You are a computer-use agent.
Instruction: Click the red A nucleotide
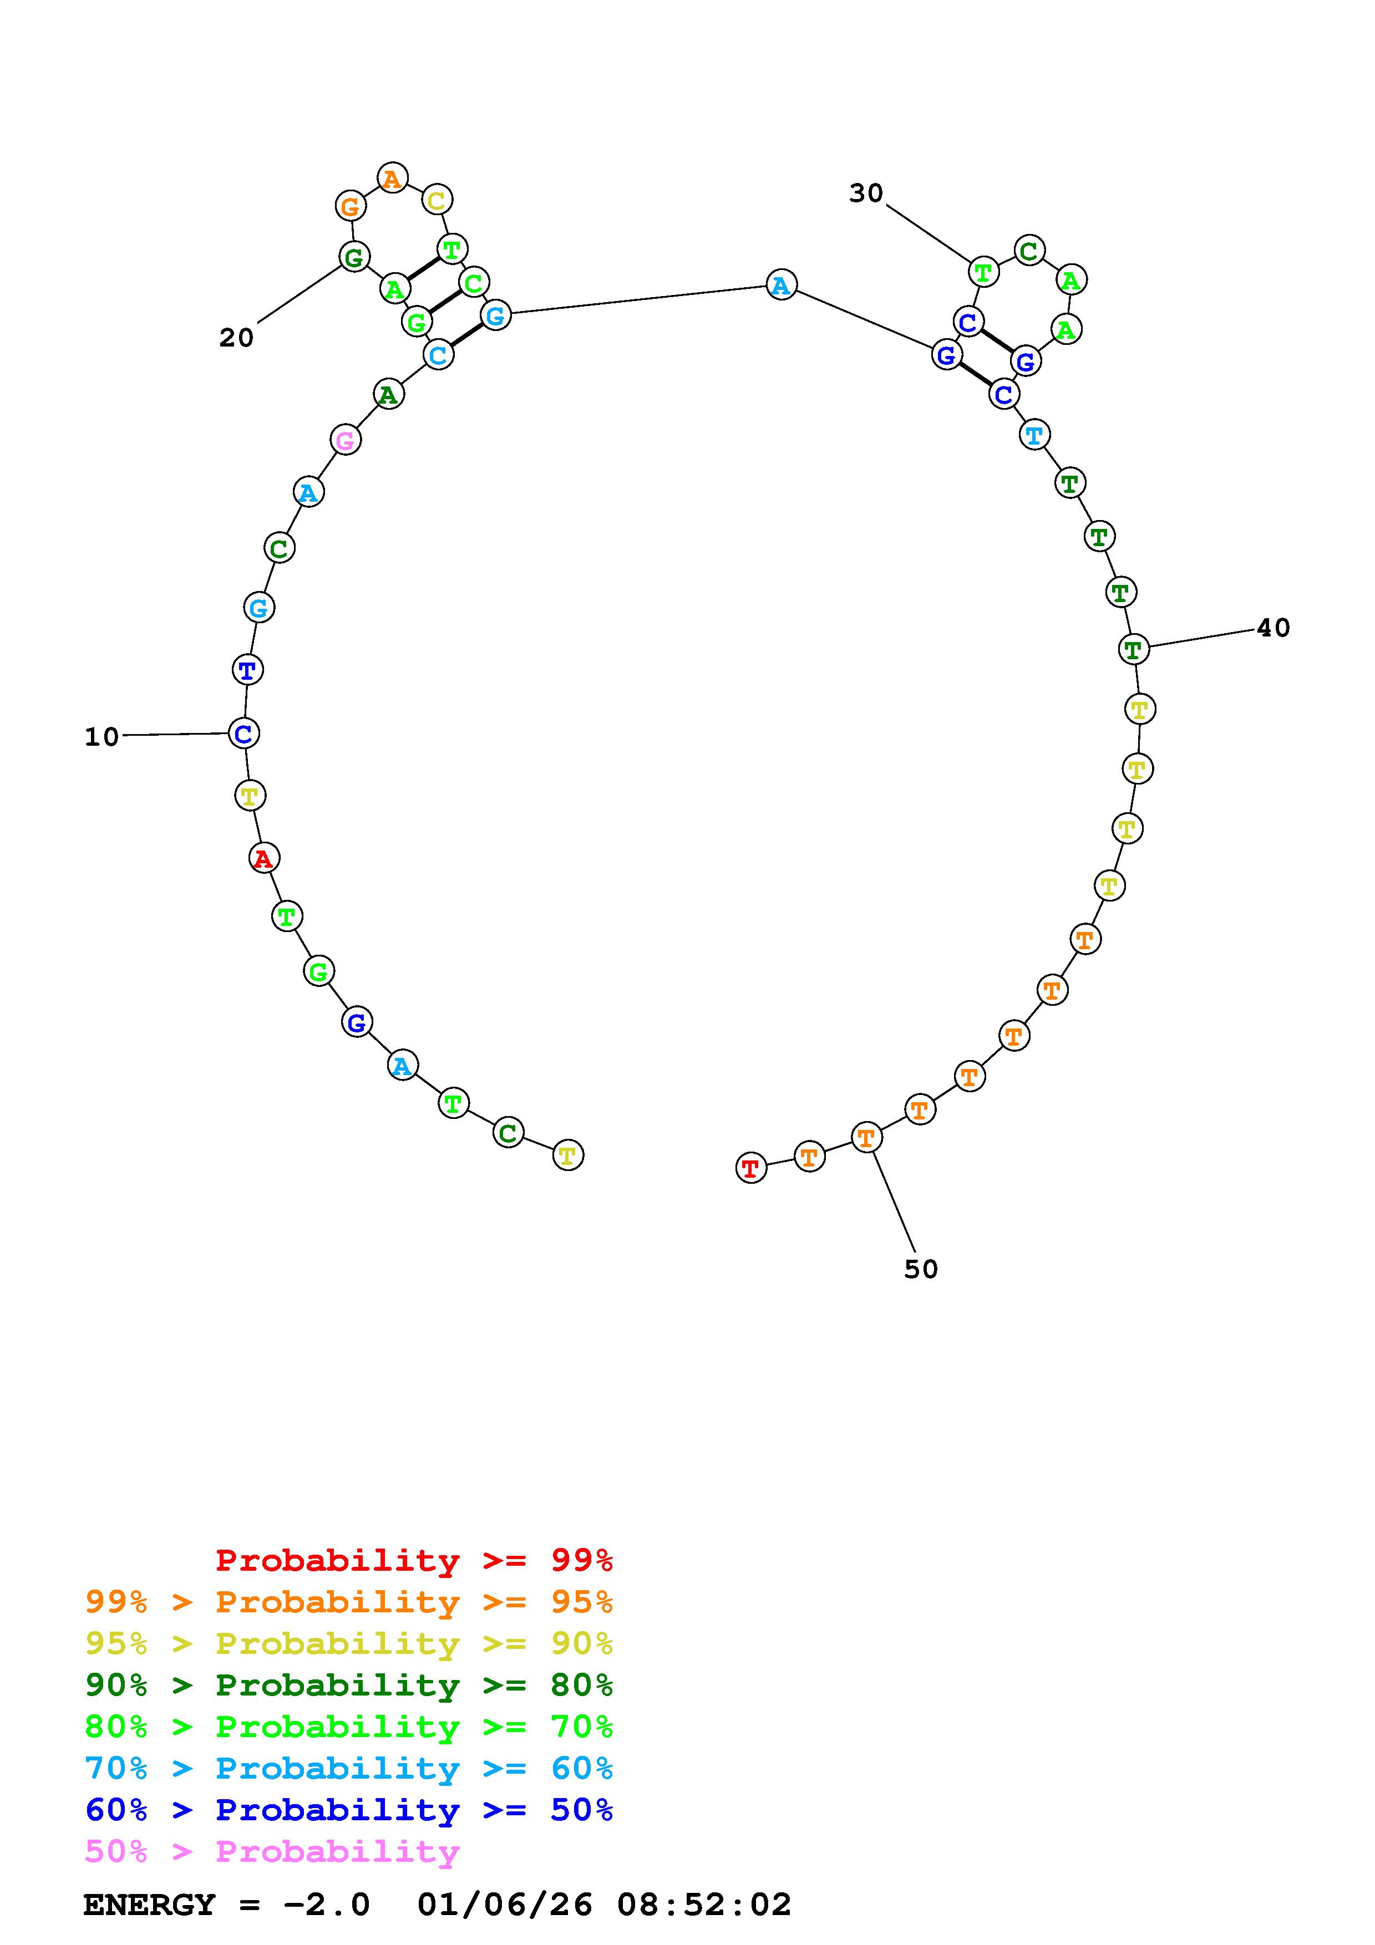coord(263,858)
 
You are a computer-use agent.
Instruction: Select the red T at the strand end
coord(750,1168)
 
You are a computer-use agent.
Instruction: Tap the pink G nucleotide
coord(345,440)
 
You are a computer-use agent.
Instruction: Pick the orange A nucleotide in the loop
coord(392,178)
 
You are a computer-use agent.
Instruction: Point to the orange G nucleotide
coord(350,205)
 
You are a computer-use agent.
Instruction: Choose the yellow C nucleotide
coord(437,200)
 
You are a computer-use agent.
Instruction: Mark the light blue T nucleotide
coord(1033,435)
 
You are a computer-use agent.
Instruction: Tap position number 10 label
coord(102,737)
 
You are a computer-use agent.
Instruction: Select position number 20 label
coord(236,338)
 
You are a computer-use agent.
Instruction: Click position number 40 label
coord(1272,628)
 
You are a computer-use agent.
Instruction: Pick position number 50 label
coord(921,1269)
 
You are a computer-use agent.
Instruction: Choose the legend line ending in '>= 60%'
coord(349,1768)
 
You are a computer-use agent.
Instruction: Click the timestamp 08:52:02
coord(703,1905)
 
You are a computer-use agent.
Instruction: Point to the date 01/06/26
coord(505,1905)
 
